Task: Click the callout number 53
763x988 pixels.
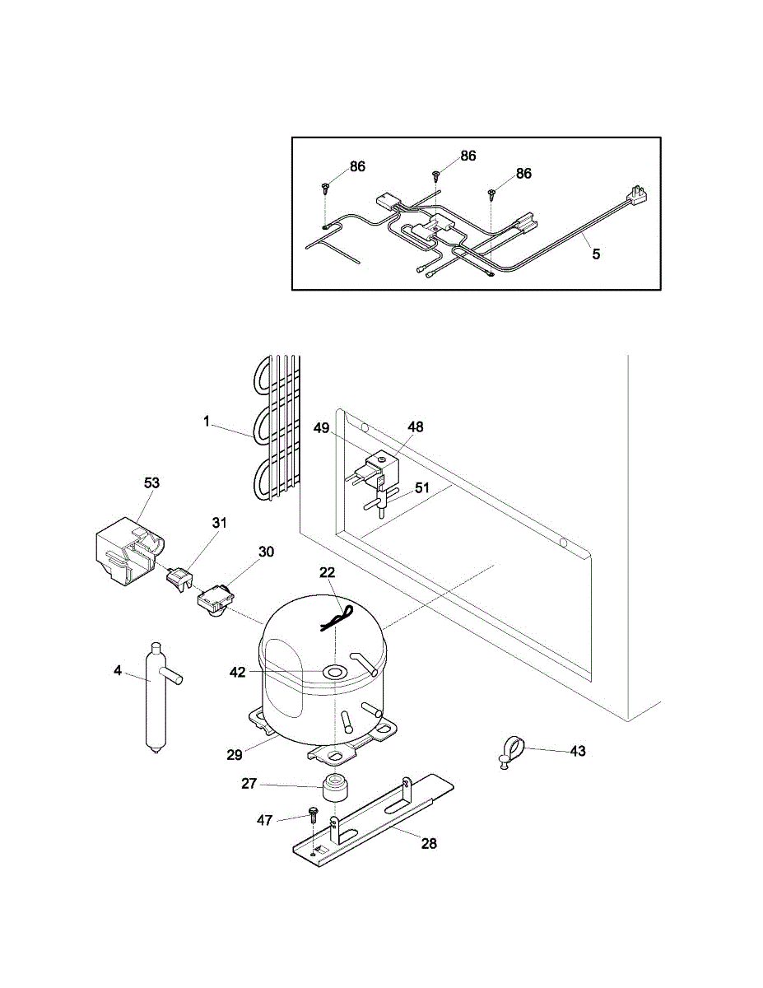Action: (x=151, y=482)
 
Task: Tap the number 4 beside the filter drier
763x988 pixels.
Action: (x=118, y=671)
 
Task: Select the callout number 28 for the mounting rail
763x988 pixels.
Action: (x=429, y=843)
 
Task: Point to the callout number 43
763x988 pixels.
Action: (x=578, y=752)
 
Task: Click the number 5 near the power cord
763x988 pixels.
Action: (x=596, y=254)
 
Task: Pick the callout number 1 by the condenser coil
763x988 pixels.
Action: (x=207, y=422)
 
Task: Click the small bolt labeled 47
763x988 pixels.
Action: (x=313, y=814)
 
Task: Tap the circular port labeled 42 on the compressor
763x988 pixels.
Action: (x=334, y=673)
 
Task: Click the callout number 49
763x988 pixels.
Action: (x=322, y=427)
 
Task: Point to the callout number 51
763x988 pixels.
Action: (x=422, y=487)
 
